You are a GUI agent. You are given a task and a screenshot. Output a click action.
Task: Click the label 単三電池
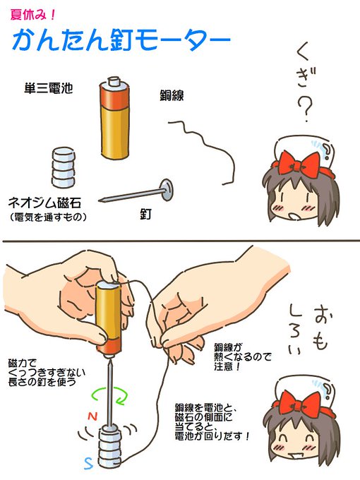[47, 90]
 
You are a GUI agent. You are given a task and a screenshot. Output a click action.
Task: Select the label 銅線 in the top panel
[172, 95]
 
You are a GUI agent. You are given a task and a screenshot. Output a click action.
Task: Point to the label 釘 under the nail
[143, 211]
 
